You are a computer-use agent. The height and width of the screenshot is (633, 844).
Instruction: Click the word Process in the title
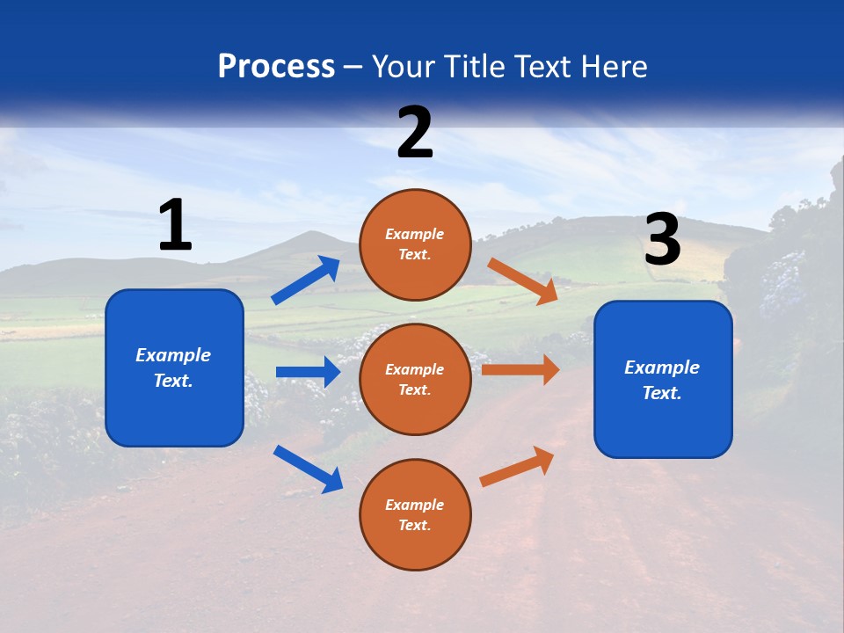point(276,67)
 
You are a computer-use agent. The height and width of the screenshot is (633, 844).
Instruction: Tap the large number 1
point(175,225)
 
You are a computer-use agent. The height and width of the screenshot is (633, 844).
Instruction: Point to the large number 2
point(415,133)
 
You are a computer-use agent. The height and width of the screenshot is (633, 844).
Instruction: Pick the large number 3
point(662,239)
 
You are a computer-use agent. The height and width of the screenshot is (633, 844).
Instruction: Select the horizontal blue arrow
point(308,372)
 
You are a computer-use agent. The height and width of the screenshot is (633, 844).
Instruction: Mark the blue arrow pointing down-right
point(309,469)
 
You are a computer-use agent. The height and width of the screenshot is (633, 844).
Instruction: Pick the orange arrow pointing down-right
point(523,280)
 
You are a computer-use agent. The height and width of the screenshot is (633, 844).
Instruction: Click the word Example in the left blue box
point(173,355)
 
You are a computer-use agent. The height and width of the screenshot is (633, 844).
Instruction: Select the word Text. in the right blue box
point(662,393)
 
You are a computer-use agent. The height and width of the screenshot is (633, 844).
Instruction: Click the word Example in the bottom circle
point(415,505)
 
